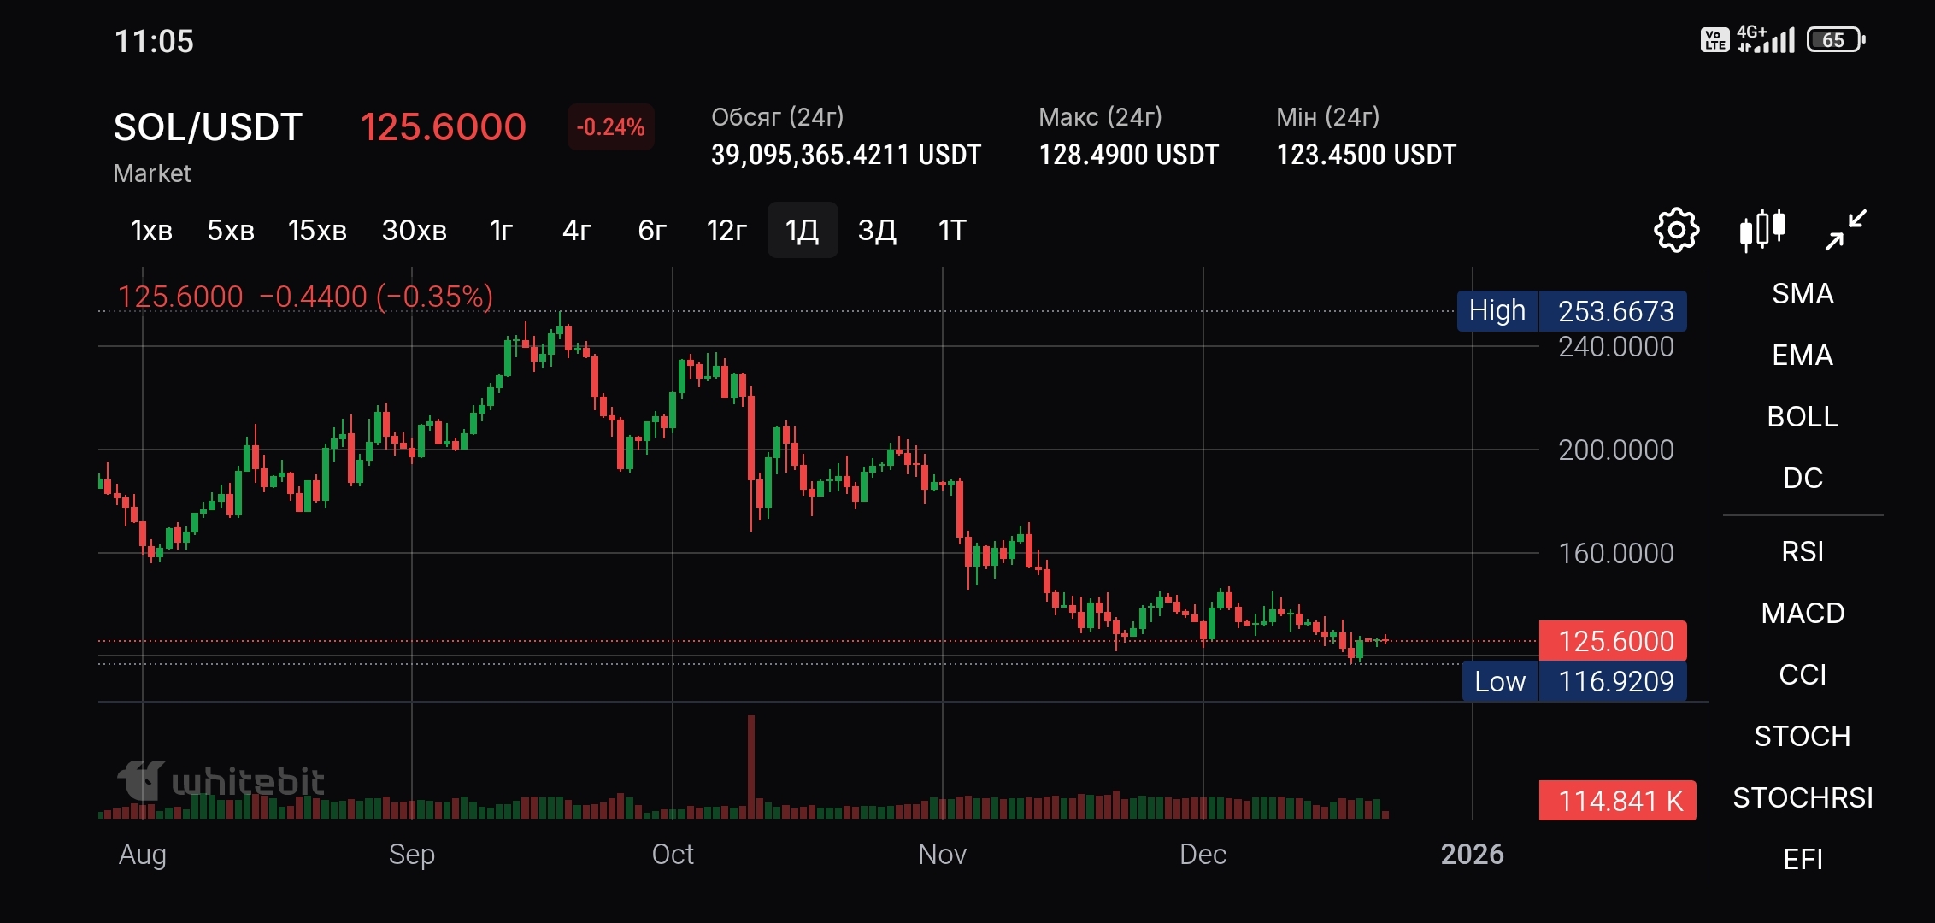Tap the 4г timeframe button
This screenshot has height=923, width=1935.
click(577, 230)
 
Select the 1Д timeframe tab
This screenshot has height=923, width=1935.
click(803, 230)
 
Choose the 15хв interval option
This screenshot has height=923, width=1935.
click(317, 230)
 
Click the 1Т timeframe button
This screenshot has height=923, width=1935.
click(952, 230)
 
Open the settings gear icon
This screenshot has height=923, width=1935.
click(1677, 230)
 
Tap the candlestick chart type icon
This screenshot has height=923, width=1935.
click(1762, 230)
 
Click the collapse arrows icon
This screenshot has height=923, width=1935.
click(1846, 230)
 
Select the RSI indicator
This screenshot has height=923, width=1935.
click(1803, 551)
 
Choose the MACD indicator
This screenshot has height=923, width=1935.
click(1803, 613)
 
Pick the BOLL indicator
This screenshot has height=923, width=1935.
click(1803, 416)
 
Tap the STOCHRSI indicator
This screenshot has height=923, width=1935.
click(1803, 797)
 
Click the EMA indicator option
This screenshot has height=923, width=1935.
click(1803, 355)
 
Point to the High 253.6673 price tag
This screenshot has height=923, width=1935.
click(1572, 311)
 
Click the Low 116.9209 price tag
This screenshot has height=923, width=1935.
click(1574, 681)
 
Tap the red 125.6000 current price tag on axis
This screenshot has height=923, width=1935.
click(1613, 640)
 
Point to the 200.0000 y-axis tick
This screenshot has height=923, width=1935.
click(1615, 450)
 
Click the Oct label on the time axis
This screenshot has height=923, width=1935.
click(673, 854)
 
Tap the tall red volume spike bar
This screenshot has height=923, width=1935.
click(751, 767)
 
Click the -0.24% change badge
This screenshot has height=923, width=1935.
click(610, 127)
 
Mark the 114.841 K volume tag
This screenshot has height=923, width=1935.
click(1618, 801)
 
